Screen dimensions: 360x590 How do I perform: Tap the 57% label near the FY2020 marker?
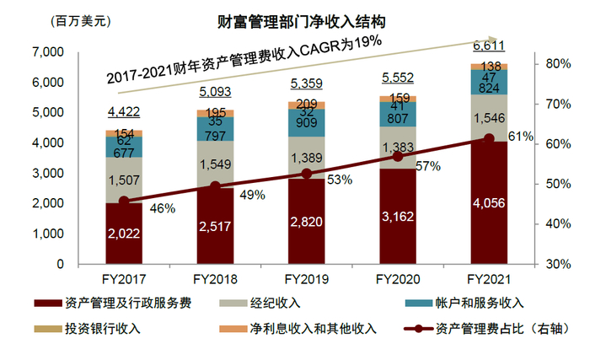pyautogui.click(x=429, y=167)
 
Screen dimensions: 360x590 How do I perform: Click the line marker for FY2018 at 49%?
pyautogui.click(x=215, y=187)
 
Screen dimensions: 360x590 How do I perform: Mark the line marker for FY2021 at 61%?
pyautogui.click(x=488, y=139)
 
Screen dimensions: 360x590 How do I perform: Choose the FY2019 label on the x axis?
pyautogui.click(x=306, y=278)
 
